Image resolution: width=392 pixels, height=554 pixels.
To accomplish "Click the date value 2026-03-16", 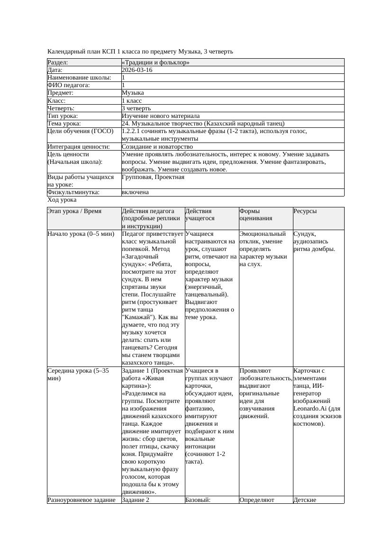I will (137, 70).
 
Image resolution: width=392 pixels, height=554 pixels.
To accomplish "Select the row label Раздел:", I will (58, 63).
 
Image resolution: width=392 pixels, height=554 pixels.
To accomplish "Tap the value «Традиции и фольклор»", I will (155, 63).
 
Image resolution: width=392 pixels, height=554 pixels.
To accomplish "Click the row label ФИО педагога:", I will (69, 85).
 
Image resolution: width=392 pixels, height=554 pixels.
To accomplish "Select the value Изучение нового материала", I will (161, 116).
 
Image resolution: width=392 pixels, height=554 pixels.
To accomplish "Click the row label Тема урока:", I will (64, 124).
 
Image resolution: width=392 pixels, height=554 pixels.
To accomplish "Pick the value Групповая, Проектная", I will (153, 177).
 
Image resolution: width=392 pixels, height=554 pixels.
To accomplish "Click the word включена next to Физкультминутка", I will (135, 192).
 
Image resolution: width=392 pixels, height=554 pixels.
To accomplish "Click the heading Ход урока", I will (62, 200).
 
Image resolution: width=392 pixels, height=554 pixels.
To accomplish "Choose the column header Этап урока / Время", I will (74, 211).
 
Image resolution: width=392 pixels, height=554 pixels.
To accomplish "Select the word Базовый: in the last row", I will (197, 500).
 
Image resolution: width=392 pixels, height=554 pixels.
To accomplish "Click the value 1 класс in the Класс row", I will (132, 100).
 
